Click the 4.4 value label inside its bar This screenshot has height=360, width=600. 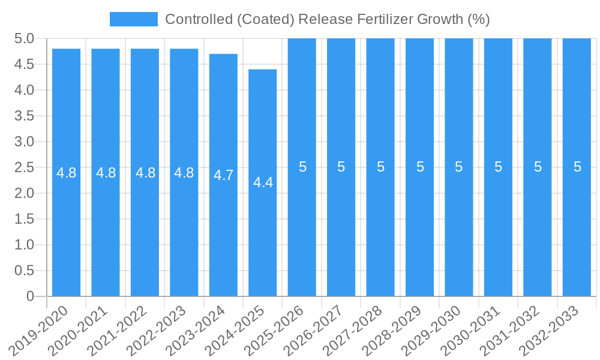(263, 183)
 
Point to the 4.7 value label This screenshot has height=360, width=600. (223, 176)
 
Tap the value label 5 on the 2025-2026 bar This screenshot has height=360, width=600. (302, 167)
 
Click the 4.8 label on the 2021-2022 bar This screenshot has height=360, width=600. (145, 173)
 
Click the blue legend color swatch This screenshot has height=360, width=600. (133, 19)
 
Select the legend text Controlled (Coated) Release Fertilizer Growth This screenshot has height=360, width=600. (327, 19)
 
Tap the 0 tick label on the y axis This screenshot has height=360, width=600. (30, 296)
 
